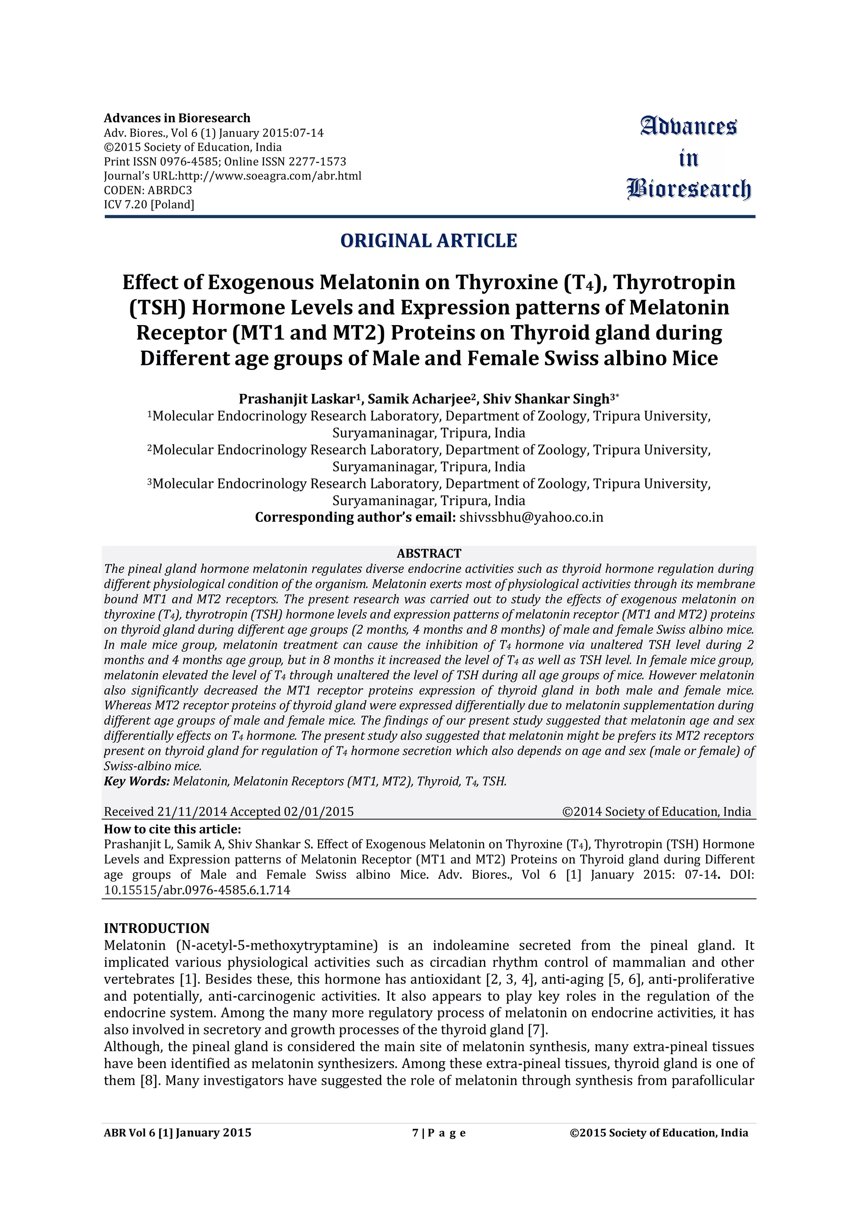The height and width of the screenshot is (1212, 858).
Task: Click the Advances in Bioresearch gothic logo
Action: click(688, 158)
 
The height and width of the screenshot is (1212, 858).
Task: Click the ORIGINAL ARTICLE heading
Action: click(429, 241)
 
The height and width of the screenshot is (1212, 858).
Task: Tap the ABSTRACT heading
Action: click(429, 553)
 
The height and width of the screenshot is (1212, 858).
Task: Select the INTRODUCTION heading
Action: click(156, 928)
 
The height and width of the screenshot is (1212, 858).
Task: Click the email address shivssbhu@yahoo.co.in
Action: click(531, 517)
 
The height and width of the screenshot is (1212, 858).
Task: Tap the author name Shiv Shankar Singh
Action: click(546, 399)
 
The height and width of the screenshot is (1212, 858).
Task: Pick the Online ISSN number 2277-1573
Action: click(317, 162)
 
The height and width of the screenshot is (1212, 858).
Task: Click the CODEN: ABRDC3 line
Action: click(148, 190)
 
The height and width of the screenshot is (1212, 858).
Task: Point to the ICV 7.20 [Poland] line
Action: click(149, 204)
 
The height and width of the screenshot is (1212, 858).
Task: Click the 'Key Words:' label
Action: click(136, 781)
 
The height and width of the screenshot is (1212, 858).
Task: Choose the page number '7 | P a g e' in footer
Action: click(439, 1133)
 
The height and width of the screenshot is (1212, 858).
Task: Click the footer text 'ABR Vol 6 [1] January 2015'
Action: click(178, 1133)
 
